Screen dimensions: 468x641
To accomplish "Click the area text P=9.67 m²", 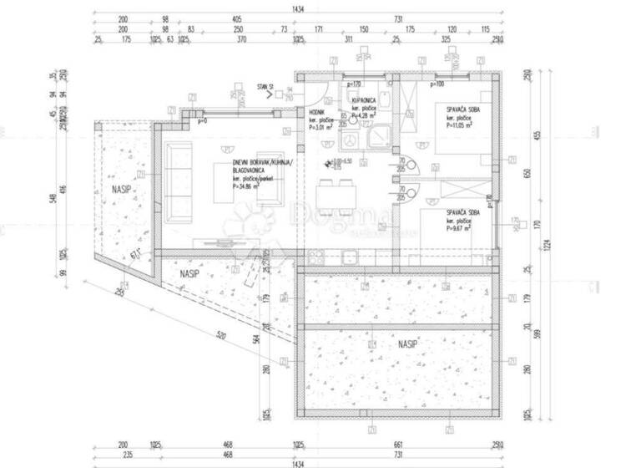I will pyautogui.click(x=461, y=227).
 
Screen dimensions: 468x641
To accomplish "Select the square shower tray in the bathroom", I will pyautogui.click(x=379, y=134).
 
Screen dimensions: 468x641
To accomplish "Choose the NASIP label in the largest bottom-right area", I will pyautogui.click(x=407, y=344).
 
